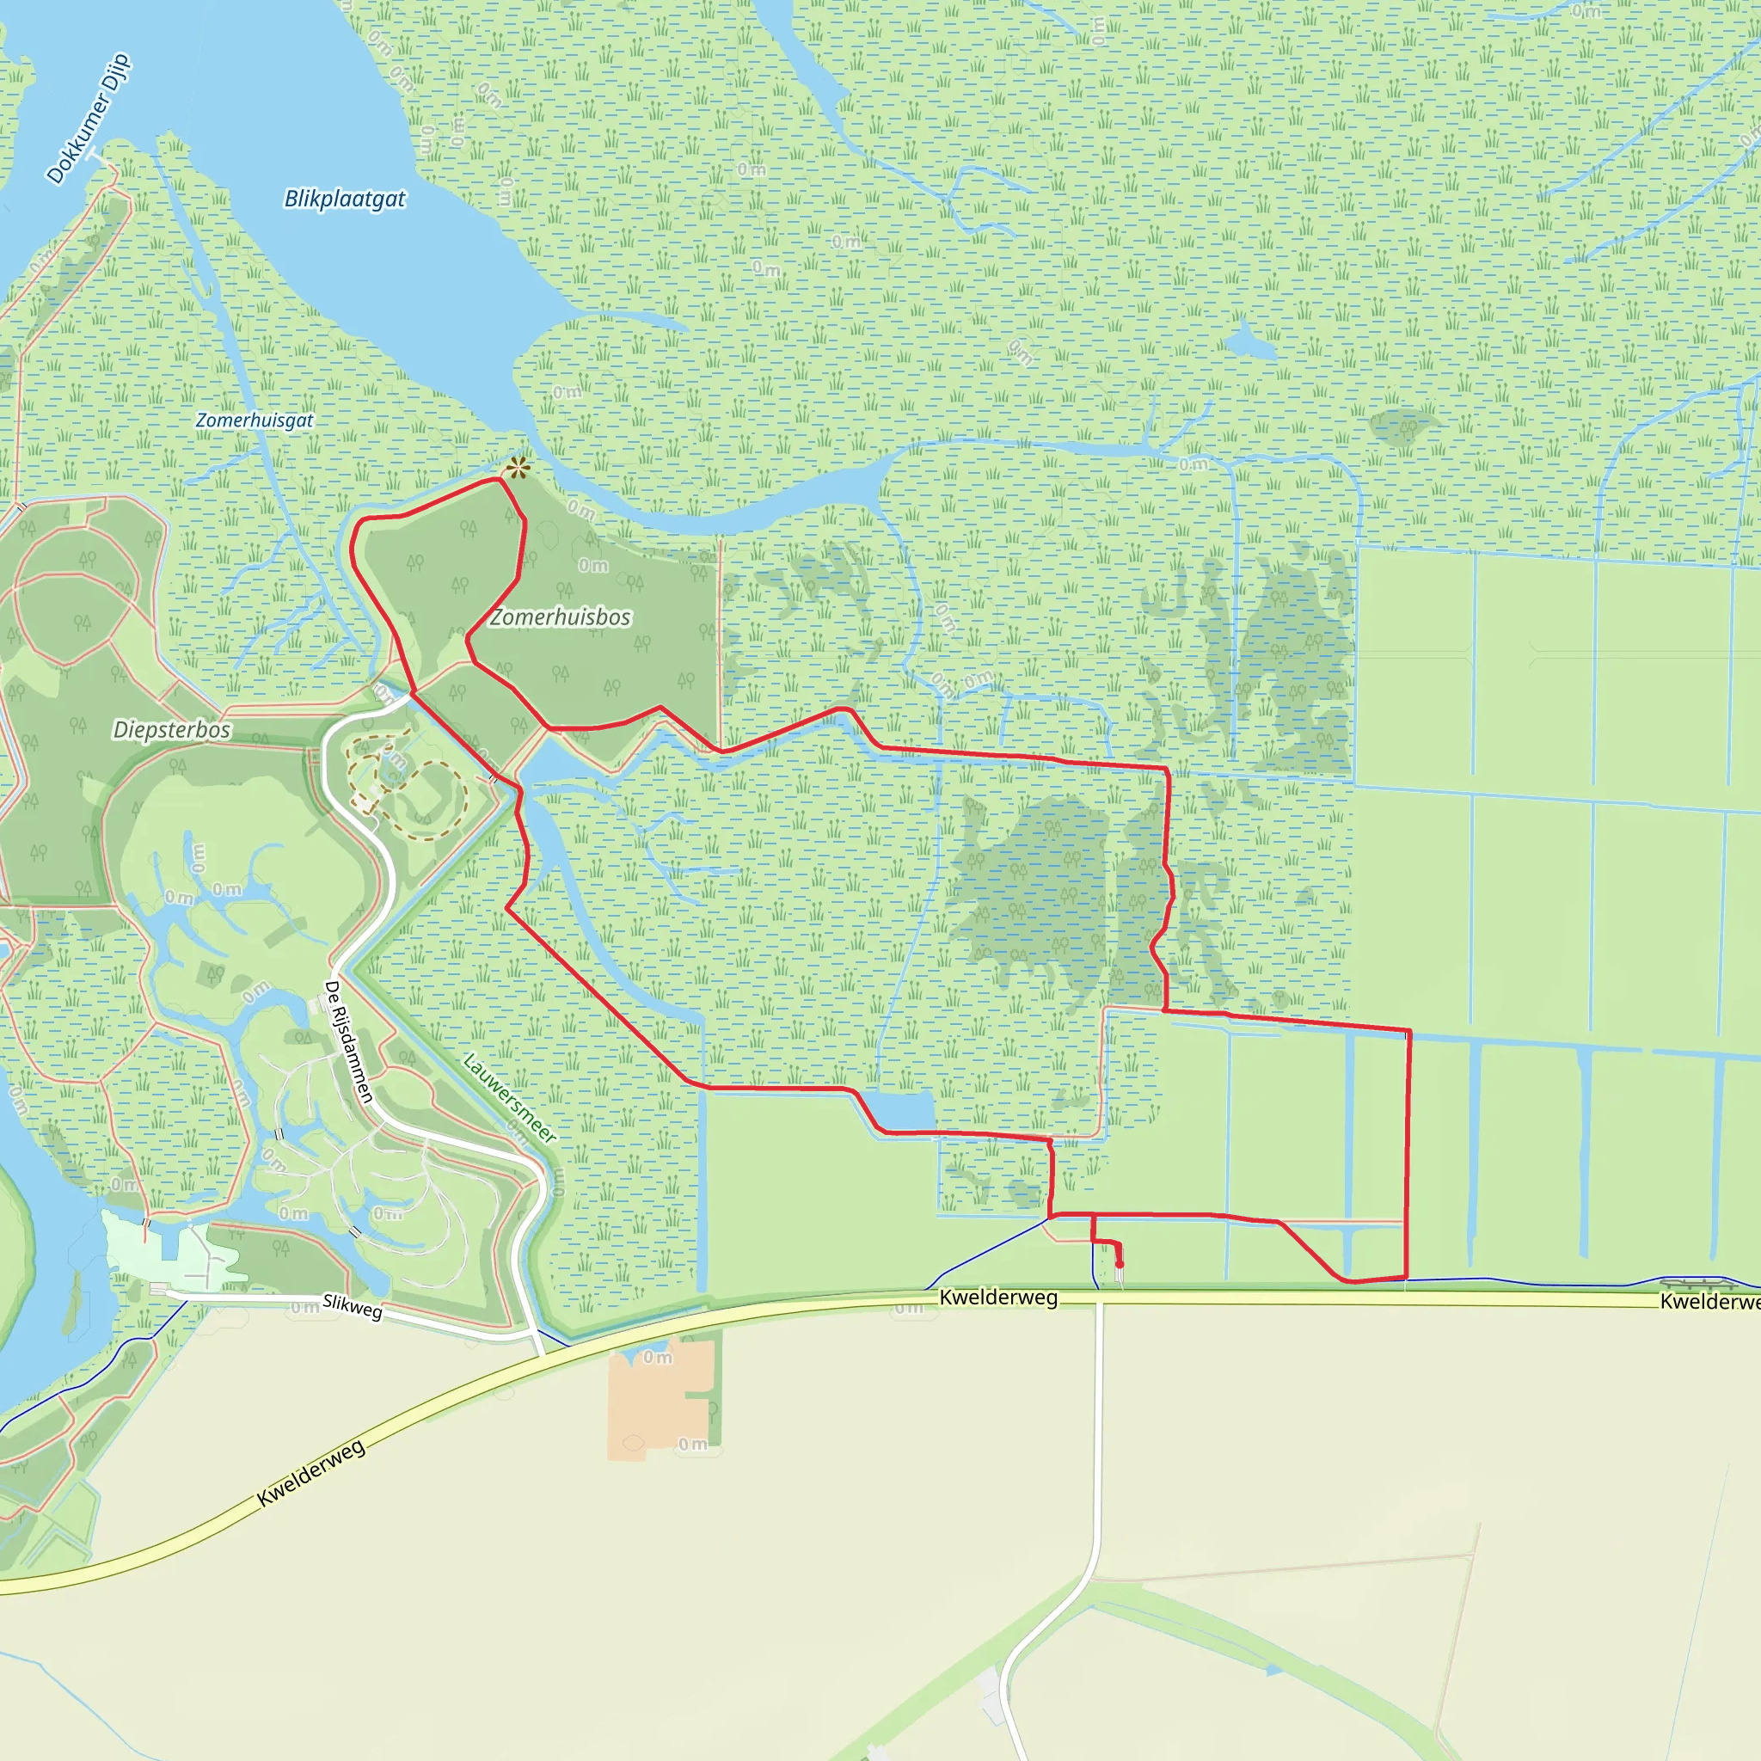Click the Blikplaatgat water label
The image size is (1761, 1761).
(345, 199)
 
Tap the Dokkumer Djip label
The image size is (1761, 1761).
(89, 119)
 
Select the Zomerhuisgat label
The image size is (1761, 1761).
(255, 420)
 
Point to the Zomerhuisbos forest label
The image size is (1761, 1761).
(561, 617)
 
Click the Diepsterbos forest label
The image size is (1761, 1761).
(171, 729)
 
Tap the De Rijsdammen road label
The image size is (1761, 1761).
(349, 1041)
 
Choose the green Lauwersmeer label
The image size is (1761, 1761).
(510, 1097)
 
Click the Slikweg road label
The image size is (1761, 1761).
(352, 1306)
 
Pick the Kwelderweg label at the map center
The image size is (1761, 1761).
(998, 1297)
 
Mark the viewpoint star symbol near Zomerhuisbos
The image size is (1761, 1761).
(518, 469)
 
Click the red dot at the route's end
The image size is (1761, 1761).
(1120, 1264)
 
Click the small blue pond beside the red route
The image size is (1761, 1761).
(899, 1110)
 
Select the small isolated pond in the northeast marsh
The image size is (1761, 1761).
(1249, 344)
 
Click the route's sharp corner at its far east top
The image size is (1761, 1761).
(1409, 1031)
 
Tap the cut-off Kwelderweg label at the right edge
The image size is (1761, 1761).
(1709, 1302)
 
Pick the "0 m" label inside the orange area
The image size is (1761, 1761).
(657, 1357)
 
